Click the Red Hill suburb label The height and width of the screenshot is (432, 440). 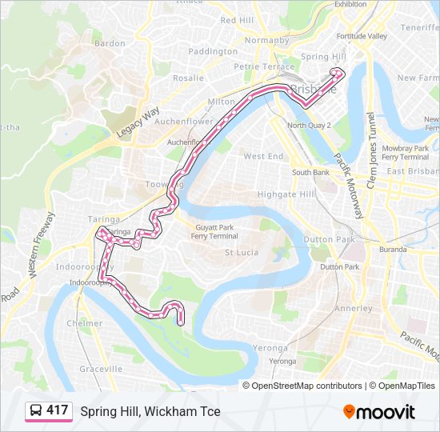coord(237,20)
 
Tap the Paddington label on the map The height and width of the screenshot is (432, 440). coord(213,51)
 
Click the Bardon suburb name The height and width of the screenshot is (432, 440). coord(110,43)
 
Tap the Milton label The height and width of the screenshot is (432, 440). coord(221,102)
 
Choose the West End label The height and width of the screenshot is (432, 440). coord(263,156)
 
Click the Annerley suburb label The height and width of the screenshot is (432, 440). coord(354,308)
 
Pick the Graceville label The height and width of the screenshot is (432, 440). coord(101,369)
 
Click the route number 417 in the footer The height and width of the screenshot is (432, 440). coord(57,410)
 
